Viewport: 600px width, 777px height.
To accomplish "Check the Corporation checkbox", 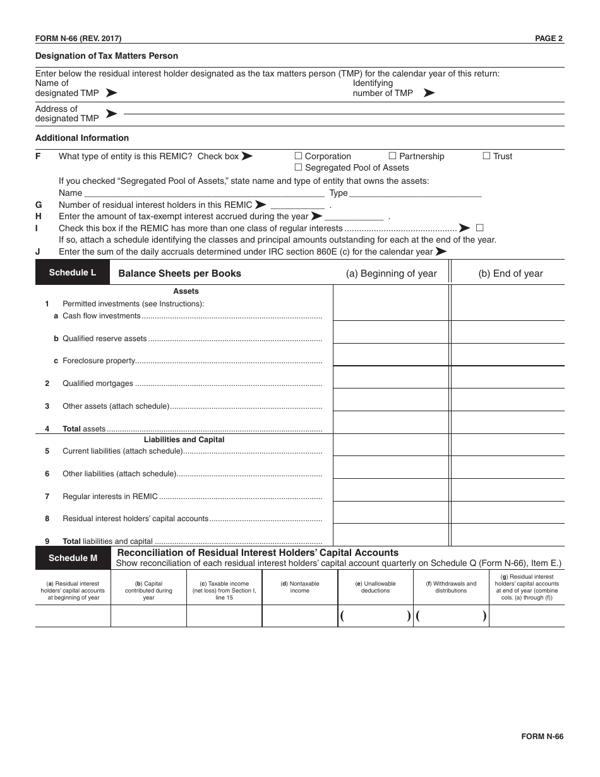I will pos(299,156).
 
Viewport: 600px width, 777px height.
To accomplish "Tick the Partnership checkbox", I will pos(392,156).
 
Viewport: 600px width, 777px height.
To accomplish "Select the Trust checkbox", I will pos(487,156).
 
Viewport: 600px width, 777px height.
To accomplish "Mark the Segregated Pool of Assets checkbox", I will pos(299,167).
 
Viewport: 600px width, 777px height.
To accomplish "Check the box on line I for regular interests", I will pos(480,228).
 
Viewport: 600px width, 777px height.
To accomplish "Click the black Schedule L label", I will pos(73,273).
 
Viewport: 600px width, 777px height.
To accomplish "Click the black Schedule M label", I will pos(73,558).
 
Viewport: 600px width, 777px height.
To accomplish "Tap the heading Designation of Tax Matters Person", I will pos(107,56).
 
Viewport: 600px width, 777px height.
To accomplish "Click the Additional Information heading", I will pos(82,138).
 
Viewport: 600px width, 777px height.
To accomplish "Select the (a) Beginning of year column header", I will pos(391,274).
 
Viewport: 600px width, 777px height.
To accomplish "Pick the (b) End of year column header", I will pos(510,274).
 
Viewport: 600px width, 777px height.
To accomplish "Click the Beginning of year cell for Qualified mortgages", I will pos(391,377).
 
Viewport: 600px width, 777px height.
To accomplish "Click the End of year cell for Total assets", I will pos(507,422).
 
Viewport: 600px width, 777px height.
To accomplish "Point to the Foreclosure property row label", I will pos(99,361).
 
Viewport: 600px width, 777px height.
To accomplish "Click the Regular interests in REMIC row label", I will pos(110,497).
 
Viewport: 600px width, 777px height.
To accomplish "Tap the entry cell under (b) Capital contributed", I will pos(148,616).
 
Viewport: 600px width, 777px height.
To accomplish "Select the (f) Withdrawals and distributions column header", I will pos(451,587).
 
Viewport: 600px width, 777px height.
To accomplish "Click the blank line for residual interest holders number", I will pos(297,205).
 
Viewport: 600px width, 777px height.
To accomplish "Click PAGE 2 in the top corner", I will pos(549,39).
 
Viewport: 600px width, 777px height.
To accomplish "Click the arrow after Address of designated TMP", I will pos(111,114).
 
